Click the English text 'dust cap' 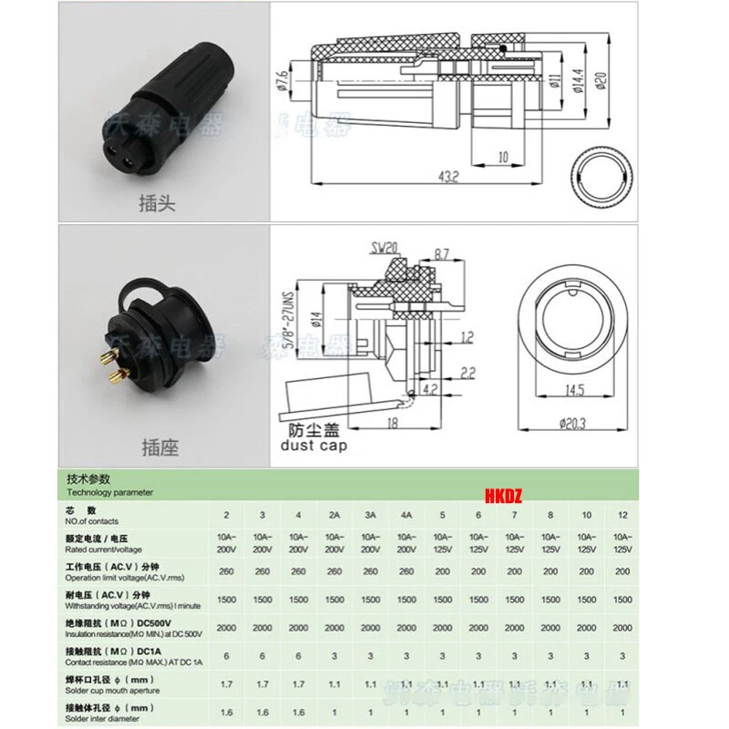(x=313, y=446)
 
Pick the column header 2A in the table (x=334, y=515)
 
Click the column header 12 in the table (x=622, y=515)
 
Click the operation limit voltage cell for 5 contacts (x=442, y=570)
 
